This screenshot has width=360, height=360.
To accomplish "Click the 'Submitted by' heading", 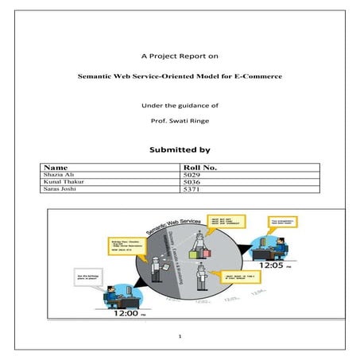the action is tap(180, 149).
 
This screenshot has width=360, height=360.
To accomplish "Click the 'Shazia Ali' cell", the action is tap(60, 176).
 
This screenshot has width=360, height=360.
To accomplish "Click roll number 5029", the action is tap(192, 176).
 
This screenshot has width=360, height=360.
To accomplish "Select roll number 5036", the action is tap(192, 183).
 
